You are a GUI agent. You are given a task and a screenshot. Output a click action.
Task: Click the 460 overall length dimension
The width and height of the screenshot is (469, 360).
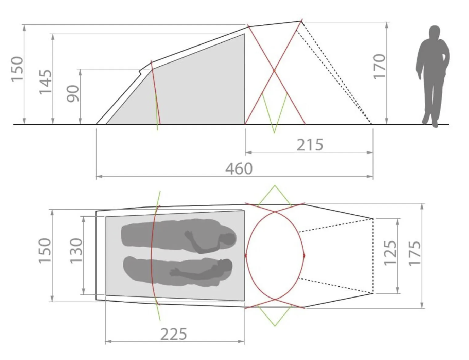point(239,169)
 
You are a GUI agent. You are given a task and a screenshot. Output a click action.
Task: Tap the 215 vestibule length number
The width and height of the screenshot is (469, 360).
point(310,145)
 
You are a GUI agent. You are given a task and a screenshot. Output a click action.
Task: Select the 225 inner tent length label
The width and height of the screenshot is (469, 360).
point(174,334)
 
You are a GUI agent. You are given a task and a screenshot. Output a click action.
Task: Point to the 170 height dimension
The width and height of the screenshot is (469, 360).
point(379,67)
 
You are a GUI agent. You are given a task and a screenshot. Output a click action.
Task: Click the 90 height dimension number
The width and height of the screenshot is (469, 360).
point(73,93)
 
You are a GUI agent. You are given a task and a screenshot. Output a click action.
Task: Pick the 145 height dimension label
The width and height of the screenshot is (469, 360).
point(46,82)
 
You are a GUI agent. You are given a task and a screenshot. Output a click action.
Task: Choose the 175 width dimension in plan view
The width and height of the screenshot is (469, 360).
point(415,253)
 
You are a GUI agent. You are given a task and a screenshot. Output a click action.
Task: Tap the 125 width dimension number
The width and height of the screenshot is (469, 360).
point(390,253)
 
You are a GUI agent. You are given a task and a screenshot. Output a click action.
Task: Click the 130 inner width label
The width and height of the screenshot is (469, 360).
point(76,250)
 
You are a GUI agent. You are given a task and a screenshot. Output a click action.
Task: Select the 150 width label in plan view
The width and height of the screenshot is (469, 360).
point(45,250)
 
